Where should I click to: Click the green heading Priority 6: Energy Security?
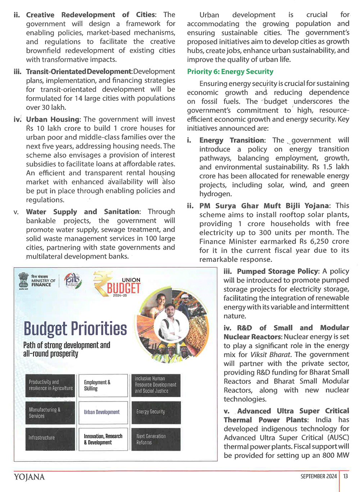pyautogui.click(x=230, y=71)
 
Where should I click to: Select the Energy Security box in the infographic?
pyautogui.click(x=156, y=412)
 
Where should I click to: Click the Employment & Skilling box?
pyautogui.click(x=103, y=385)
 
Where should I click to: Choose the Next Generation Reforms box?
pyautogui.click(x=156, y=439)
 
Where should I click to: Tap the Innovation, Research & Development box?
pyautogui.click(x=103, y=439)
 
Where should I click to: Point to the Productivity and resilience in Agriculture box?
pyautogui.click(x=50, y=385)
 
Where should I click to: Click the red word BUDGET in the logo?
pyautogui.click(x=123, y=288)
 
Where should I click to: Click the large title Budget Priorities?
pyautogui.click(x=75, y=328)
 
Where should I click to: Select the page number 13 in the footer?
pyautogui.click(x=346, y=476)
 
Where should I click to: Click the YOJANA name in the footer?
pyautogui.click(x=29, y=477)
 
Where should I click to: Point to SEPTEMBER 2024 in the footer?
pyautogui.click(x=319, y=476)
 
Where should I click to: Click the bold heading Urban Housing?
pyautogui.click(x=53, y=119)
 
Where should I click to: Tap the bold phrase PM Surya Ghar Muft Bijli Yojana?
pyautogui.click(x=264, y=206)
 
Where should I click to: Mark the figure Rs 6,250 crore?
pyautogui.click(x=325, y=241)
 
